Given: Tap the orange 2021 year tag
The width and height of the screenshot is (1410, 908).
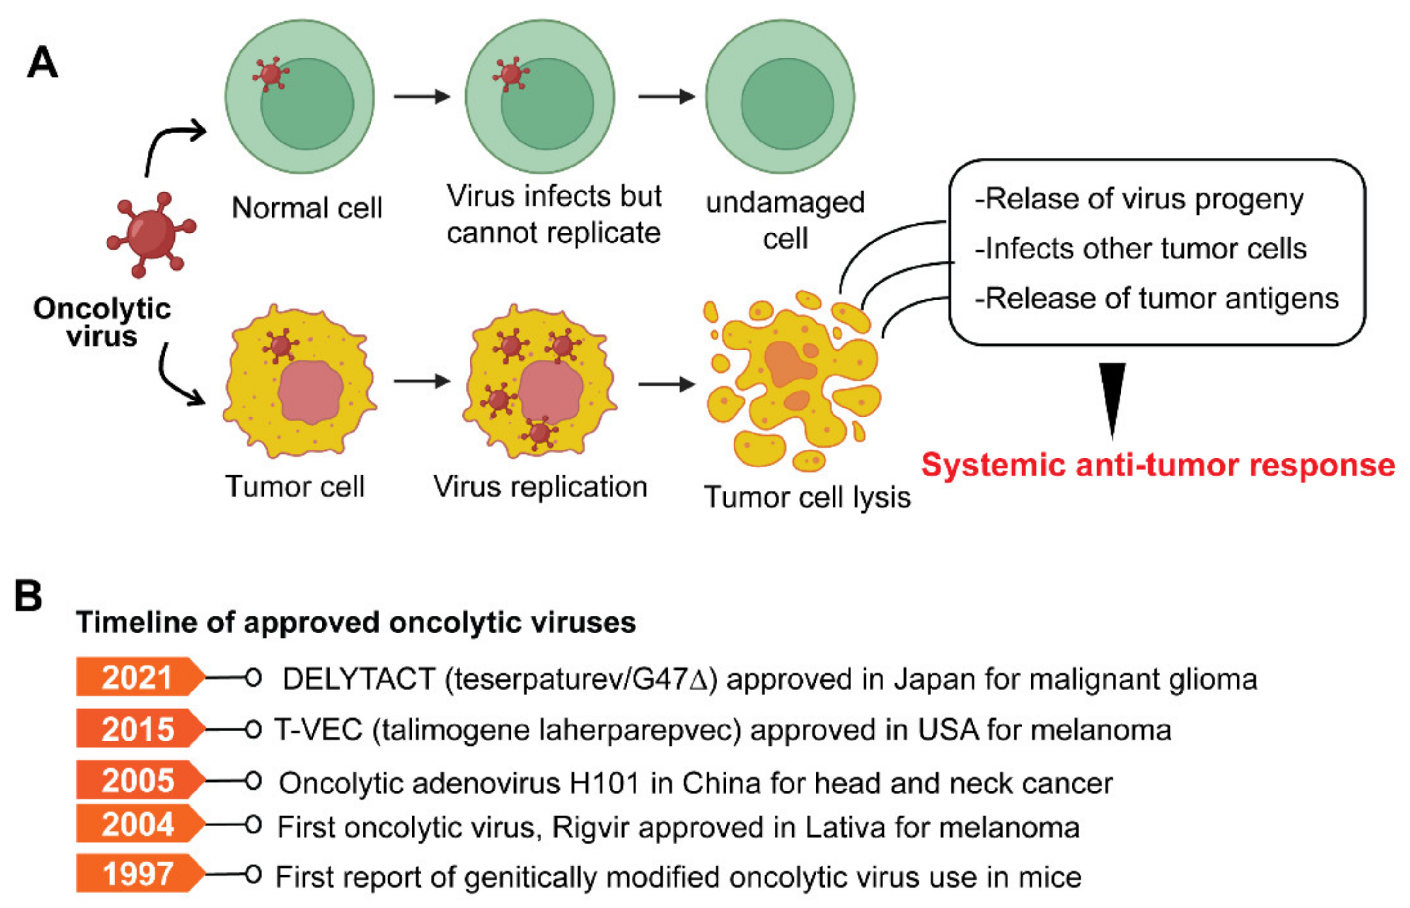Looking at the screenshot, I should tap(137, 677).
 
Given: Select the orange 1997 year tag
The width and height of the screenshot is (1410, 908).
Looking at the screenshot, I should tap(137, 873).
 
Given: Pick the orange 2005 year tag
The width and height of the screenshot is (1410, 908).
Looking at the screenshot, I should tap(137, 780).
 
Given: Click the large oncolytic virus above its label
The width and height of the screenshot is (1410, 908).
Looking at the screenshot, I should tap(151, 234).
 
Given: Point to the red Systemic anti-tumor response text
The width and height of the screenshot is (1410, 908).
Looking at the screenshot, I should tap(1158, 465).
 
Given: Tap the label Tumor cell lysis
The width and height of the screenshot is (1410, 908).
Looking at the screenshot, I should tap(807, 497).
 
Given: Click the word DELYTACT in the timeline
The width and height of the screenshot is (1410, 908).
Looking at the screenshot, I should tap(359, 679).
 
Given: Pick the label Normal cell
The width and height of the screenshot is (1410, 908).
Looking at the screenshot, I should tap(306, 208).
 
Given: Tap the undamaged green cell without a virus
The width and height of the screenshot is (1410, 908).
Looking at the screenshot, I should tap(780, 97).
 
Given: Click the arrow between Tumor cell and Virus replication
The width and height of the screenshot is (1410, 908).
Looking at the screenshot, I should tap(421, 382).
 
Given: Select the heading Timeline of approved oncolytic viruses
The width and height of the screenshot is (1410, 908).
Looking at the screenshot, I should tap(356, 622).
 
